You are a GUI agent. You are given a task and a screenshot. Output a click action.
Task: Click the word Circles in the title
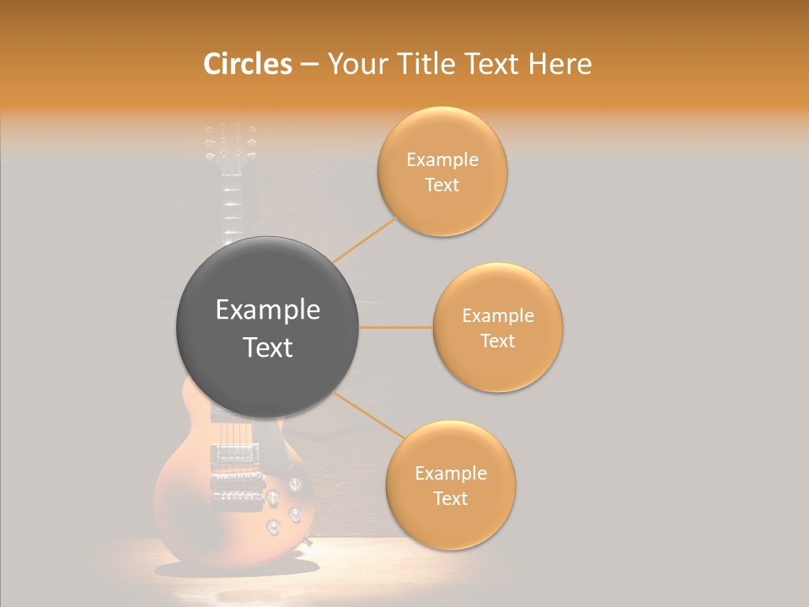coord(247,64)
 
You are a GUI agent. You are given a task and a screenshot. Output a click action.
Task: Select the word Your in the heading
coord(354,65)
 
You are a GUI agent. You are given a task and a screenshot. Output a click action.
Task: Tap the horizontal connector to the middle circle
coord(395,327)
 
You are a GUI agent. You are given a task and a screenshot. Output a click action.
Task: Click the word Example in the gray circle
coord(268,310)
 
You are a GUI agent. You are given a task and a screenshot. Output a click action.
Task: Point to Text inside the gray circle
coord(268,347)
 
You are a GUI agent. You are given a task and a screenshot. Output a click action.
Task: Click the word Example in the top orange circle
coord(442,160)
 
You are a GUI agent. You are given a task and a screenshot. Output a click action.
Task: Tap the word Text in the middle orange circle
coord(498,341)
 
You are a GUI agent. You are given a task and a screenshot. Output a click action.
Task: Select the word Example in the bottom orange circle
coord(451,474)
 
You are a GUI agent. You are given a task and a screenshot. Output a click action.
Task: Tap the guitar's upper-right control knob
coord(294,484)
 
